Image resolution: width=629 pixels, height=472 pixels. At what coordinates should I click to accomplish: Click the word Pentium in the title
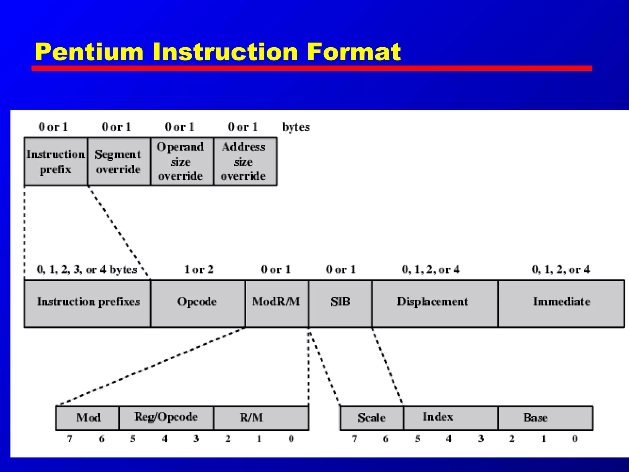click(x=89, y=52)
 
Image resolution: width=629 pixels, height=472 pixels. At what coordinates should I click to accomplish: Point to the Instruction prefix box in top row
click(x=56, y=162)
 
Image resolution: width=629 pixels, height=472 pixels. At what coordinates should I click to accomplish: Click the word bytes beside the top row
click(x=296, y=127)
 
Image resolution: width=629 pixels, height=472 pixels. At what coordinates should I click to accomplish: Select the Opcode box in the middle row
click(x=197, y=303)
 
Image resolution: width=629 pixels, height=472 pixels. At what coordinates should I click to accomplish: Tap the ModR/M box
click(x=276, y=303)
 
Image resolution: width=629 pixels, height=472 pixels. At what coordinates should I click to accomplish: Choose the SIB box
click(x=340, y=303)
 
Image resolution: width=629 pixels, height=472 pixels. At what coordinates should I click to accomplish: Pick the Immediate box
click(x=561, y=303)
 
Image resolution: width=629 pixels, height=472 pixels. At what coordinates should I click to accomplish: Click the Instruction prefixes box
click(x=88, y=303)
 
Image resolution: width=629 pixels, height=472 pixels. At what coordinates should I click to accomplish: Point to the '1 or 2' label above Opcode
click(x=198, y=269)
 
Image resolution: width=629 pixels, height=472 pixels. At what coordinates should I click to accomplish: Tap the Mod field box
click(x=88, y=418)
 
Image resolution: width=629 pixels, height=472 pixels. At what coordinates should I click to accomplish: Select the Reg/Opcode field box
click(x=166, y=418)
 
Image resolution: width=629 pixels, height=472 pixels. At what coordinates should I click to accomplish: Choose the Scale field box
click(x=371, y=418)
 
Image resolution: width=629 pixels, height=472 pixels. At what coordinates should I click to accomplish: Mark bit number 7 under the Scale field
click(x=354, y=439)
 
